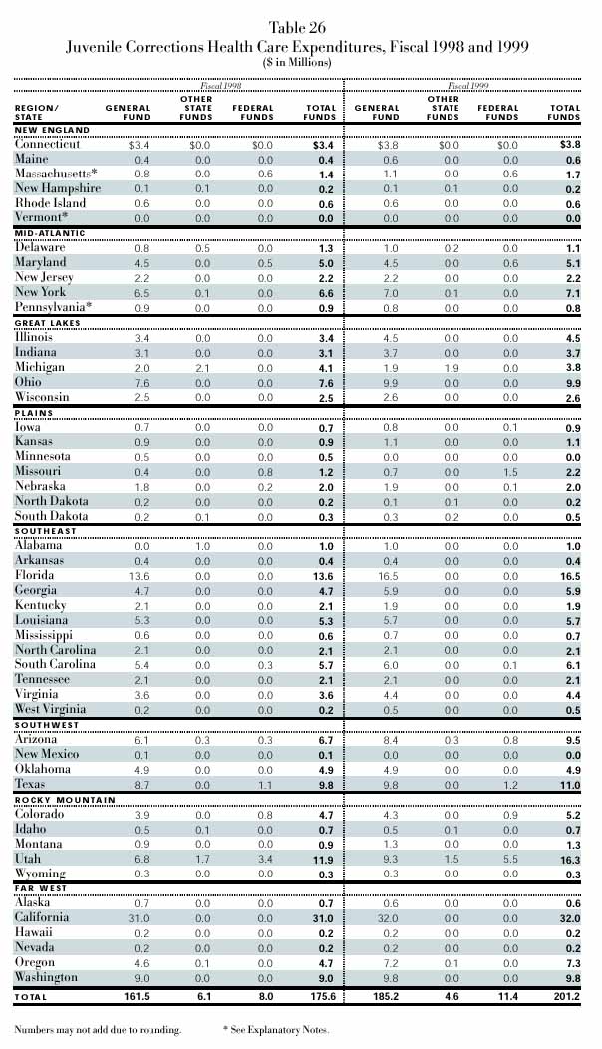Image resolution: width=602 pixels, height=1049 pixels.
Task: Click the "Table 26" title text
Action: tap(300, 13)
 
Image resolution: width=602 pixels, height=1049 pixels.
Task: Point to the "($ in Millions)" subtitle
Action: tap(300, 62)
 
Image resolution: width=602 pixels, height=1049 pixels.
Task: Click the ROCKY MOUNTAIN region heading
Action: tap(58, 799)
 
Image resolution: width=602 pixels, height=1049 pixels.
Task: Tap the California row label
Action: tap(42, 916)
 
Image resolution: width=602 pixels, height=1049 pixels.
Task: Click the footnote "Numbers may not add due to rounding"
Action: tap(82, 1027)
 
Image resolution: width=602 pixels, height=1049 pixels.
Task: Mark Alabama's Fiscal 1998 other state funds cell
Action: tap(195, 546)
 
